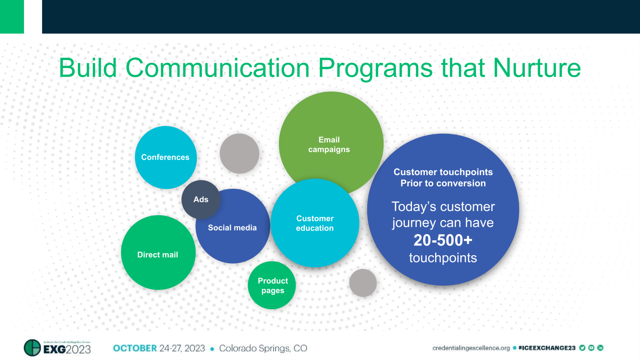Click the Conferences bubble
165,157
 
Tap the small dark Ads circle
200,199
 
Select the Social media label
232,228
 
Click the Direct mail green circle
158,254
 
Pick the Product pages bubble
272,286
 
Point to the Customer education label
315,223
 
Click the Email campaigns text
329,144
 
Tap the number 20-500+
443,240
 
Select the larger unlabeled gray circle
239,154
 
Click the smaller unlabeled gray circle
363,283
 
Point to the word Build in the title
88,68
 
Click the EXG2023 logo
58,348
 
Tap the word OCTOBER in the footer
135,348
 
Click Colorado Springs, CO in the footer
263,348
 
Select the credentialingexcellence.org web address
471,348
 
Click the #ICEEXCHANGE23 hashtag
546,348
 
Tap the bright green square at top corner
12,16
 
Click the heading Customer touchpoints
443,172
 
